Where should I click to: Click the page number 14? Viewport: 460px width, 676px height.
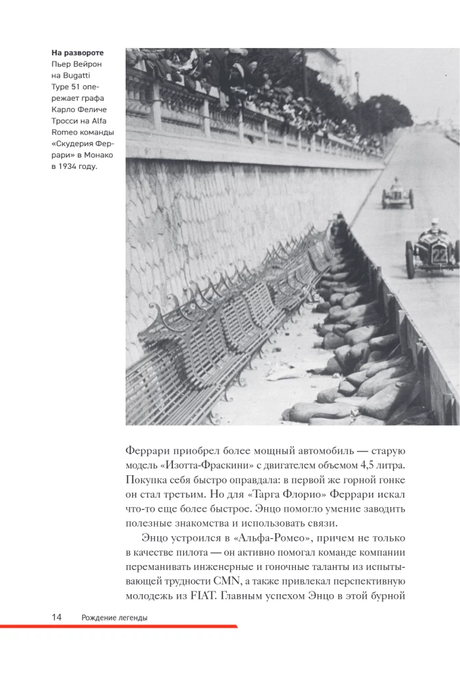pos(57,617)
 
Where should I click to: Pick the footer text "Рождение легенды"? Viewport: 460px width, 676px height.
pos(114,617)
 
